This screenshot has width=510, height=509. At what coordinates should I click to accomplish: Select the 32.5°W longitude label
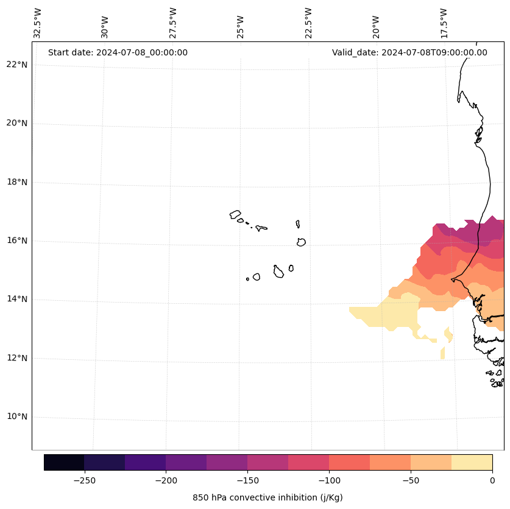click(38, 23)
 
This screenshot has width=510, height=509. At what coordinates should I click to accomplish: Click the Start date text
click(118, 52)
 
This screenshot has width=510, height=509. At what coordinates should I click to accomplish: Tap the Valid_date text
click(409, 52)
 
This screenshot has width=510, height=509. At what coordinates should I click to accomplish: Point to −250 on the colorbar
click(84, 480)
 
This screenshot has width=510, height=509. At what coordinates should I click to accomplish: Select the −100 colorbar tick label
click(329, 480)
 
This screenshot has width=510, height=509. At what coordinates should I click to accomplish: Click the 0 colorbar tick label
click(492, 480)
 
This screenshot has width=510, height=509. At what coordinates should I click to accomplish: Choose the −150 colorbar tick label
click(247, 480)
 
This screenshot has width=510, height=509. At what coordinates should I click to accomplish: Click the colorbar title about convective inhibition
click(267, 497)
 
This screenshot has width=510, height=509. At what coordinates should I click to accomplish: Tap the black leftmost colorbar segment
click(64, 462)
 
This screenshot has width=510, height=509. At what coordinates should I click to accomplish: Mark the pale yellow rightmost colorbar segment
click(472, 462)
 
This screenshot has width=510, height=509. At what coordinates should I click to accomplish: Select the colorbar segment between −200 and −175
click(186, 462)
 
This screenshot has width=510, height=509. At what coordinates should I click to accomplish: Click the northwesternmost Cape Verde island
click(235, 214)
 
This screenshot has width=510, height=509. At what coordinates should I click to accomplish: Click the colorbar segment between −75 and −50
click(390, 462)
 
